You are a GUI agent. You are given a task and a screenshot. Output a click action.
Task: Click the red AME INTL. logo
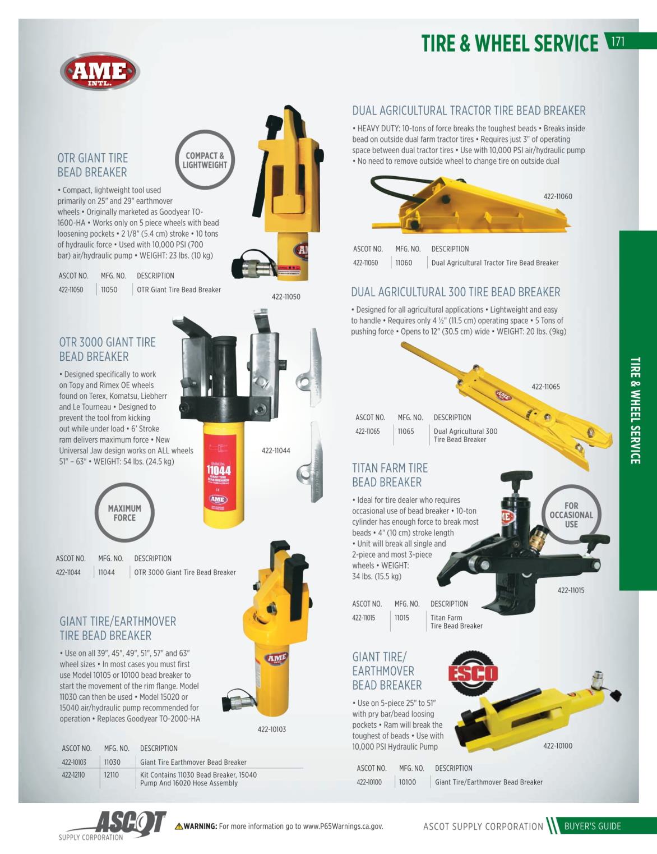[100, 72]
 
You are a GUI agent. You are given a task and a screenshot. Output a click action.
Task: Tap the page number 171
[618, 41]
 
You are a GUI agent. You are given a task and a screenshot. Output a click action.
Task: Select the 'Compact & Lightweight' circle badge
[205, 160]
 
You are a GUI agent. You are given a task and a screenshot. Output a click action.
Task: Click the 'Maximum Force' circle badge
[124, 512]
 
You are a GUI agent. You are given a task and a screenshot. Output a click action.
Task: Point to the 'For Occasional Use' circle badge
[571, 515]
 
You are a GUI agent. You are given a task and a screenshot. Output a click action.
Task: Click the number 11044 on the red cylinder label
[219, 470]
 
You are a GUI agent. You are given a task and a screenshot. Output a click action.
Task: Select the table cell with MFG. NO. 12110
[112, 775]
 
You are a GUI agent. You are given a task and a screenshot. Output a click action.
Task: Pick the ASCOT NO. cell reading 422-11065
[367, 431]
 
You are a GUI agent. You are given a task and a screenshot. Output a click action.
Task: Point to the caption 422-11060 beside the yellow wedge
[557, 196]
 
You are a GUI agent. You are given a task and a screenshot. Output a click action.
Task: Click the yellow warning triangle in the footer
[179, 826]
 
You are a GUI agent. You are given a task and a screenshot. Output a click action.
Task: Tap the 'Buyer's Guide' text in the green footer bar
[592, 826]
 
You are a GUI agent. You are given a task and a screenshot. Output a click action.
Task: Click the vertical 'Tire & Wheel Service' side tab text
[635, 410]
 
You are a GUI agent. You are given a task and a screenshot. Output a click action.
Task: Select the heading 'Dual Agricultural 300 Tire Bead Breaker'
[456, 292]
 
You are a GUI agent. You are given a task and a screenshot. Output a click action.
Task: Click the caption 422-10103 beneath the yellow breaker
[271, 729]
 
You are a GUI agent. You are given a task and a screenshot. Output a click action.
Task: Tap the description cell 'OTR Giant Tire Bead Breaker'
[179, 290]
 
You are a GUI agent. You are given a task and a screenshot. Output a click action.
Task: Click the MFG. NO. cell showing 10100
[408, 782]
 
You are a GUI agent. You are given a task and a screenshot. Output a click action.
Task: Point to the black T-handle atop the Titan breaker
[516, 477]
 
